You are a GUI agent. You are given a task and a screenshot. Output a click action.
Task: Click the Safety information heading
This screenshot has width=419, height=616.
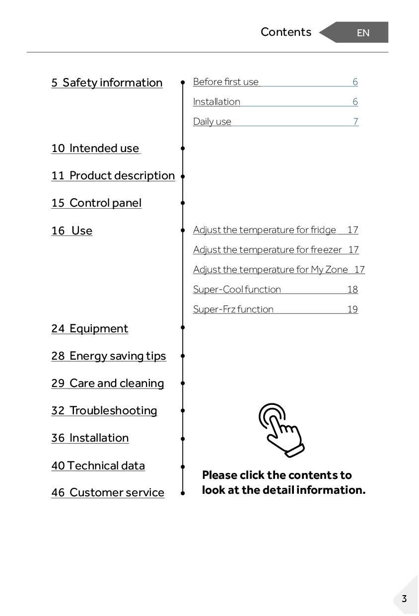(107, 82)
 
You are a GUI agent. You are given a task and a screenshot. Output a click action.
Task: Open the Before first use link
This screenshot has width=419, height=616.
(226, 82)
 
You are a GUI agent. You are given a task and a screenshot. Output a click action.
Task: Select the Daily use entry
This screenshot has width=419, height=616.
(212, 122)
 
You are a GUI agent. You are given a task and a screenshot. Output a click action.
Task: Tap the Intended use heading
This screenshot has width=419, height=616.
(96, 149)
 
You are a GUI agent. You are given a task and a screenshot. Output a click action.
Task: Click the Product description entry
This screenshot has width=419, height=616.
(113, 176)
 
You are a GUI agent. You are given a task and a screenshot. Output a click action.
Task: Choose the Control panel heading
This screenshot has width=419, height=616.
(96, 203)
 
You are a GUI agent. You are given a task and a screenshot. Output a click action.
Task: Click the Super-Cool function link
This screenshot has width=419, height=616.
(237, 290)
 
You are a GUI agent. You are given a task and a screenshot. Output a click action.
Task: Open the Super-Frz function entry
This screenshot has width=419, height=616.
(233, 309)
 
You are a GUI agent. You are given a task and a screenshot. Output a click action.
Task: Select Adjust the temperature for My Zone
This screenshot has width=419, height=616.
(271, 270)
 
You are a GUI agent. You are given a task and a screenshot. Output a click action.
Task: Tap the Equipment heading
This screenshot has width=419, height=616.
(89, 329)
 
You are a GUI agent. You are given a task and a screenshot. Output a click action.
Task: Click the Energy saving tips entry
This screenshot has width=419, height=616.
(108, 356)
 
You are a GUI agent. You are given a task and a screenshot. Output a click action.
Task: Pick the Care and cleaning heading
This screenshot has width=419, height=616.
(107, 384)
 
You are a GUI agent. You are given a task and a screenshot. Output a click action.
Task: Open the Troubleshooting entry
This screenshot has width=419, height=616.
(104, 411)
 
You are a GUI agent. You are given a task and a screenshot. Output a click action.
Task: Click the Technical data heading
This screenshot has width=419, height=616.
(98, 466)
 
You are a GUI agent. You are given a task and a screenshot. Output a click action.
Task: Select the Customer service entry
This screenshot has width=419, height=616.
(107, 493)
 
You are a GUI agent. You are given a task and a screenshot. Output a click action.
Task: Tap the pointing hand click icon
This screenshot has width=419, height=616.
(281, 430)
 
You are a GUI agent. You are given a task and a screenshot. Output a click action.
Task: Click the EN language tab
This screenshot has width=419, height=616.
(362, 33)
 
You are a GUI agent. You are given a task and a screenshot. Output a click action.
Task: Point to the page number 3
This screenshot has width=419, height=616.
(404, 599)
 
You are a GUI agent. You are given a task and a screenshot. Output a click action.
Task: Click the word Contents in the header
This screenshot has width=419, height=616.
(286, 32)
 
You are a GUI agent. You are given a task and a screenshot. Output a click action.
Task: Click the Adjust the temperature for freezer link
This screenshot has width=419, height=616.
(268, 250)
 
